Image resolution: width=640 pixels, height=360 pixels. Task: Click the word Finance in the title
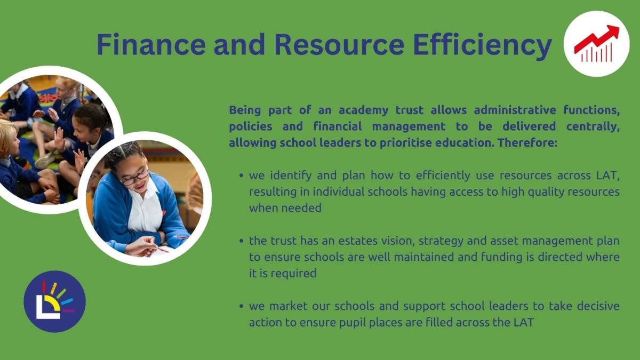151,45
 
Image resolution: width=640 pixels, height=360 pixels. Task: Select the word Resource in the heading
339,45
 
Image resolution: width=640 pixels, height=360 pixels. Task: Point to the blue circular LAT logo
54,301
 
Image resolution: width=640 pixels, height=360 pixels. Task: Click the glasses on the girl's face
135,178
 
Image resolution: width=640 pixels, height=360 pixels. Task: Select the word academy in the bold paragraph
363,110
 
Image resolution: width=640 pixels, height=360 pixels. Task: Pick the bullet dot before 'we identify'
242,175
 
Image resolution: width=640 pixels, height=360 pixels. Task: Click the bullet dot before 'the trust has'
242,241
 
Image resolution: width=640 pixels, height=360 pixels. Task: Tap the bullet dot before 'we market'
242,306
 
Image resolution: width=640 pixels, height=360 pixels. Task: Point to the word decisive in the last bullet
598,306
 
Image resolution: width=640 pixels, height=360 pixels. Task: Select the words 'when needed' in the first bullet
285,208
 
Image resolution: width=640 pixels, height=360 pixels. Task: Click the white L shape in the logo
47,308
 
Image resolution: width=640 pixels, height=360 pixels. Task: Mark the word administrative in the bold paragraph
515,110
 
